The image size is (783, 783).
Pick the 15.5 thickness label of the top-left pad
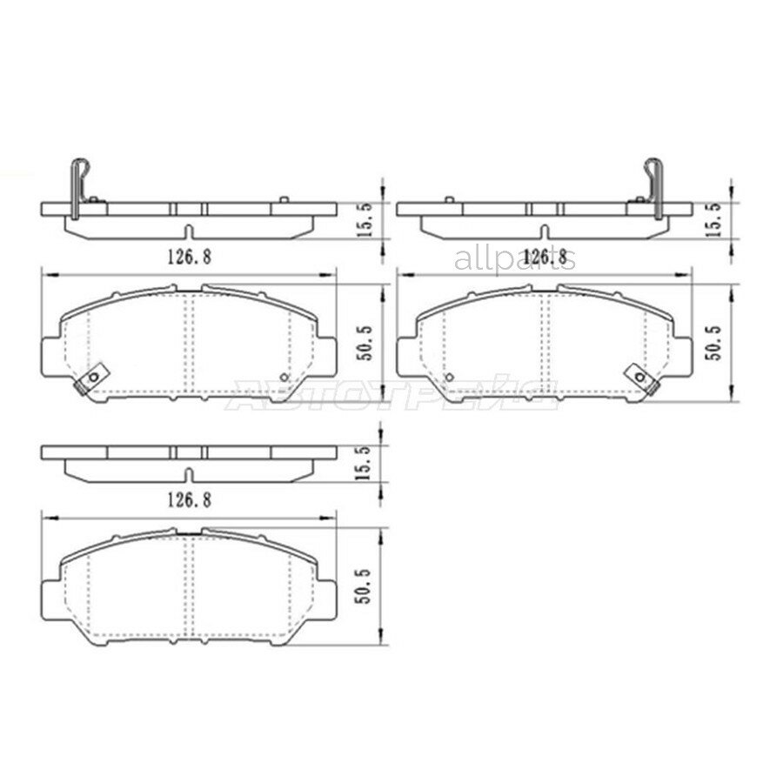[366, 217]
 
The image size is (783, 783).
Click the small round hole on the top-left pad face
[284, 378]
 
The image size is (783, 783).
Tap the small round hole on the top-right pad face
[450, 378]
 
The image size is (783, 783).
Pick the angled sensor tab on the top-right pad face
[642, 378]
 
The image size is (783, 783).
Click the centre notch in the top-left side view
[188, 231]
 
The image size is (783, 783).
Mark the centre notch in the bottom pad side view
[188, 475]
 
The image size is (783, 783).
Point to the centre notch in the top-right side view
[544, 231]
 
